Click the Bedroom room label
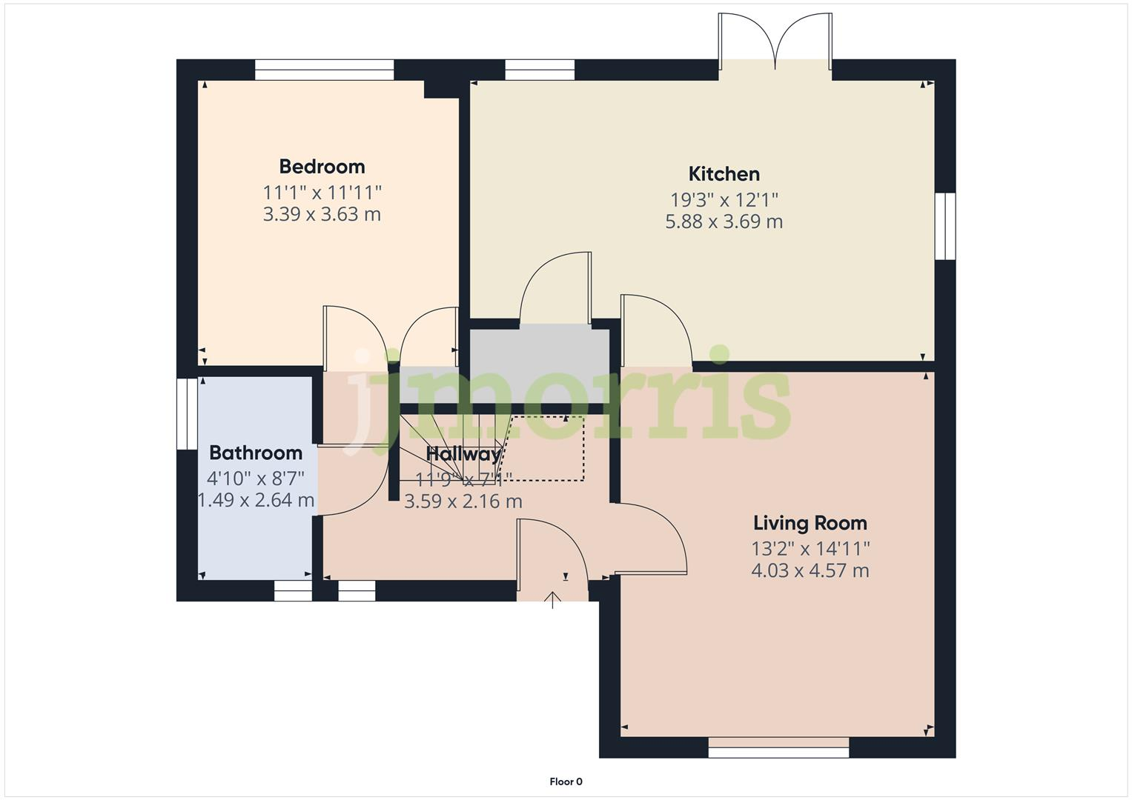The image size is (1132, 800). pyautogui.click(x=322, y=166)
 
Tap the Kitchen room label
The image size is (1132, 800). pyautogui.click(x=724, y=174)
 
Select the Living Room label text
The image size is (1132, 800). pyautogui.click(x=810, y=523)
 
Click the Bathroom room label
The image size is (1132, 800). pyautogui.click(x=255, y=453)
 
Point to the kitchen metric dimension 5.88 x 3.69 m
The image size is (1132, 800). pyautogui.click(x=724, y=221)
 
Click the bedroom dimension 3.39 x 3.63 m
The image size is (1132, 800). pyautogui.click(x=322, y=214)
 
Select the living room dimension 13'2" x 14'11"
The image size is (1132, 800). pyautogui.click(x=810, y=548)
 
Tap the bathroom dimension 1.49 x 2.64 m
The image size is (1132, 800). pyautogui.click(x=255, y=500)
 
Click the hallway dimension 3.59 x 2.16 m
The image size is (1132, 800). pyautogui.click(x=463, y=501)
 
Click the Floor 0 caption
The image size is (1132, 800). pyautogui.click(x=566, y=781)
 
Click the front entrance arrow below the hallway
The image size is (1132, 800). pyautogui.click(x=552, y=599)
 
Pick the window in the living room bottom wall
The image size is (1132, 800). pyautogui.click(x=778, y=751)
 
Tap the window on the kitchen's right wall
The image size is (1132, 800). pyautogui.click(x=944, y=226)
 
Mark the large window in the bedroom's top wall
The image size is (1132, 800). pyautogui.click(x=324, y=70)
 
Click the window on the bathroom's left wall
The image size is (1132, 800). pyautogui.click(x=187, y=414)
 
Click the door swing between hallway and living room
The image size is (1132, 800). pyautogui.click(x=652, y=537)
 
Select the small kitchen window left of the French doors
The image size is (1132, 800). pyautogui.click(x=540, y=70)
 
